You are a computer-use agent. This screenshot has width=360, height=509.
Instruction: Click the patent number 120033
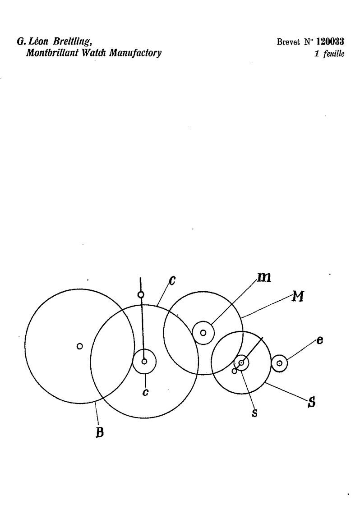click(x=330, y=42)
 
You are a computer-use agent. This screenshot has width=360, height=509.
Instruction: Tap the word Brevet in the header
click(x=288, y=42)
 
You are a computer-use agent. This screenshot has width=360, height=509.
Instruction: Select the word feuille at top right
click(x=334, y=54)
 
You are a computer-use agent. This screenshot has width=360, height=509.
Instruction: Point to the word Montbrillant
click(x=52, y=53)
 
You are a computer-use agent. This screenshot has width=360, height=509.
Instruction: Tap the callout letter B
click(x=100, y=433)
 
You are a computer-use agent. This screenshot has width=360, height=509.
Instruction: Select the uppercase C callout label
click(x=172, y=280)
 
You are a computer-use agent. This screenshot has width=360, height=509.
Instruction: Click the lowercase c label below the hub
click(x=146, y=393)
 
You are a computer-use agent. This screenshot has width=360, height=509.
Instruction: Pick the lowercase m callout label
click(x=264, y=277)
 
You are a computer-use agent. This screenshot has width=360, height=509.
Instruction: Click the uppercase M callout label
click(x=298, y=296)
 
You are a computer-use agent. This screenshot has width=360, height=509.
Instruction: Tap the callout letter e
click(x=320, y=341)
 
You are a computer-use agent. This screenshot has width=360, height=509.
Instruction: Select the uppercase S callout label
click(x=311, y=402)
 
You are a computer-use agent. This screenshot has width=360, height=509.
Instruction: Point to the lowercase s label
click(x=255, y=413)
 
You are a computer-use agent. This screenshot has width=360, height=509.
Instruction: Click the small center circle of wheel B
click(x=79, y=346)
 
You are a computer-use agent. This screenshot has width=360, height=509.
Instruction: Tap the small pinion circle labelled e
click(x=279, y=363)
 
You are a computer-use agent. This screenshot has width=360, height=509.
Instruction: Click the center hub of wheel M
click(x=203, y=333)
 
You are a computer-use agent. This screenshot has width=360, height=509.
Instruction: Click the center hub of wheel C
click(x=144, y=361)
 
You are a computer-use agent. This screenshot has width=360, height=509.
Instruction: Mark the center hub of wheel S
click(x=241, y=362)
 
